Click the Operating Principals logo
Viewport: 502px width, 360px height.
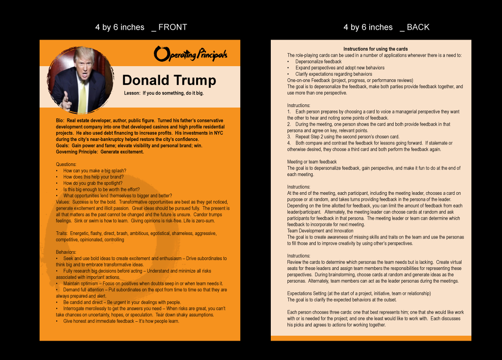coord(190,54)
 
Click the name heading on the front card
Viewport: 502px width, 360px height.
coord(169,80)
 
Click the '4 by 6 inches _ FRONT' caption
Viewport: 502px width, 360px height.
coord(141,27)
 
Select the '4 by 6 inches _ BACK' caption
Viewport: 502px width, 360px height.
coord(386,27)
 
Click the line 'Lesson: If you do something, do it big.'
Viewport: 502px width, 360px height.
coord(164,94)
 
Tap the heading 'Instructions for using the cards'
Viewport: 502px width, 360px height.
coord(376,49)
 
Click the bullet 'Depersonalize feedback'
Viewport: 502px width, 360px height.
coord(318,62)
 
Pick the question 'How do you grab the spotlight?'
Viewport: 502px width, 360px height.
coord(93,184)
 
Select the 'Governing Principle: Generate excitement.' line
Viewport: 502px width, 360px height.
coord(100,152)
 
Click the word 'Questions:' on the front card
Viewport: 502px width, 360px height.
coord(66,165)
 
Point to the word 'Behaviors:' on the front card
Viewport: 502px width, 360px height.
coord(66,252)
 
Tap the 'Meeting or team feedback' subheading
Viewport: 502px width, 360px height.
coord(312,162)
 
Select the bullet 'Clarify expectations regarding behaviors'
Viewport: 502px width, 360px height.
coord(333,74)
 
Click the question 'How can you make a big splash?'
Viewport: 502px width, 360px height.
coord(94,171)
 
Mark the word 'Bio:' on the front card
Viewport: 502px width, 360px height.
coord(60,121)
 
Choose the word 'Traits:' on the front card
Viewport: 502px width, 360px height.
coord(63,234)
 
